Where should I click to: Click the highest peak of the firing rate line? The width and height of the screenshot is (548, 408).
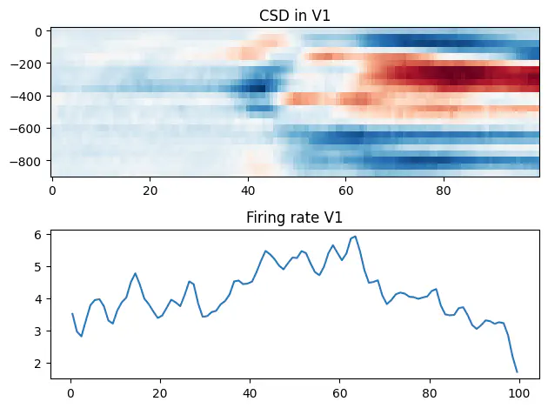pyautogui.click(x=355, y=236)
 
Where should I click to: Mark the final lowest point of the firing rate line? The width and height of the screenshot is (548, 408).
pyautogui.click(x=517, y=371)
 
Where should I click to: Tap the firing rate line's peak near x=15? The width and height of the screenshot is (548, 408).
pyautogui.click(x=135, y=273)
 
